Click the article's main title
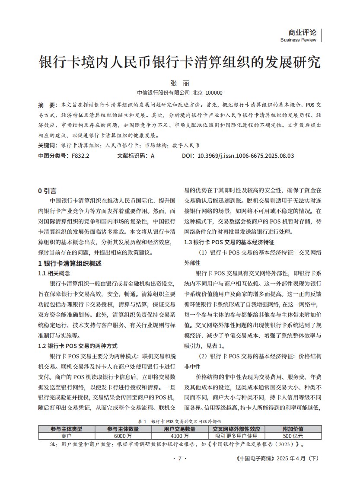tap(180, 62)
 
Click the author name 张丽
tap(180, 83)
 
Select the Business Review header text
tap(298, 40)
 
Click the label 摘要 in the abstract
tap(47, 105)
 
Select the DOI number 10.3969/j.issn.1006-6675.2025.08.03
tap(245, 156)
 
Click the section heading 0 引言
tap(47, 191)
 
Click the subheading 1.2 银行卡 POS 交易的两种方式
tap(77, 346)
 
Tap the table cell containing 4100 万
tap(180, 436)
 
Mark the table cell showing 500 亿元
tap(293, 436)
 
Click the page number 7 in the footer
tap(179, 459)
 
